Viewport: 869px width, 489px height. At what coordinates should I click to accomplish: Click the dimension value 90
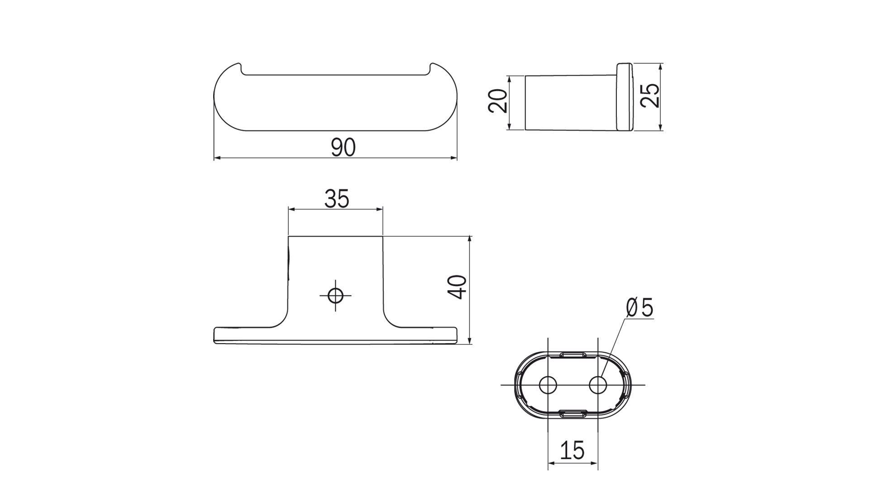(343, 148)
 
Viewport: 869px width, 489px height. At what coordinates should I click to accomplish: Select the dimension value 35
(337, 199)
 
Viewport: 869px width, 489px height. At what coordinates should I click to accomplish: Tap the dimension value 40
(458, 287)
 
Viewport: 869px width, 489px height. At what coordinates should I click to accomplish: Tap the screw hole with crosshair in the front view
(335, 296)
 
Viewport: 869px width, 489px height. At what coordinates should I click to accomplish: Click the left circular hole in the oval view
(548, 385)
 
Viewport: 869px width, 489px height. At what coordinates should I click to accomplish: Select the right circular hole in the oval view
(598, 385)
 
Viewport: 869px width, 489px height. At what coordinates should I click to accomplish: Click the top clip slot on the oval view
(573, 355)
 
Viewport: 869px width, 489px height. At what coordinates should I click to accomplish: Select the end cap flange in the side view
(625, 97)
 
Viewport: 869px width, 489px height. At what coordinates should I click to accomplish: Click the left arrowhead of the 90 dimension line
(217, 158)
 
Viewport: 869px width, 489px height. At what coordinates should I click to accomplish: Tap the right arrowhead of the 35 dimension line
(379, 210)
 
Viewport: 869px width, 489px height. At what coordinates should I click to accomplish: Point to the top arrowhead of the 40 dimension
(470, 239)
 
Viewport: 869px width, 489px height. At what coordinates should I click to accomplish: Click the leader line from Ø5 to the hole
(613, 349)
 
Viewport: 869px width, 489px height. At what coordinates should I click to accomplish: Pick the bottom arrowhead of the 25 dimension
(661, 127)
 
